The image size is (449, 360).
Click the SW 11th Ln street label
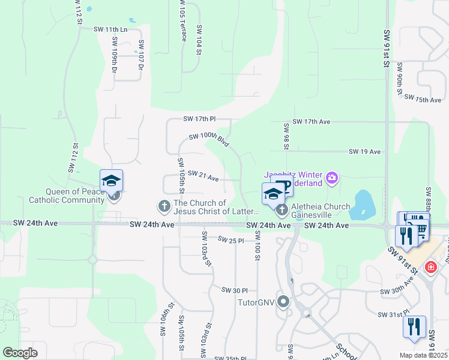pos(111,29)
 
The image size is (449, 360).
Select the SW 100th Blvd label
pos(208,140)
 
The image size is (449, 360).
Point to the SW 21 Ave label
pos(203,175)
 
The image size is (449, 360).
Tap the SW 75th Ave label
pos(423,98)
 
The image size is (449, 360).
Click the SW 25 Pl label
pos(231,240)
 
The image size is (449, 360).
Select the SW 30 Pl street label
pos(234,290)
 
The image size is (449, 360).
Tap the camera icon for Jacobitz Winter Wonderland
pos(332,178)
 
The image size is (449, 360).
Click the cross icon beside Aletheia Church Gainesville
pos(280,211)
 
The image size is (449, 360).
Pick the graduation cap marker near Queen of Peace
pos(112,181)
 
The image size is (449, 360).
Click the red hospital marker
pos(430,267)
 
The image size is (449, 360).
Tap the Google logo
pos(20,353)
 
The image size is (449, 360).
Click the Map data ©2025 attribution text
pos(423,355)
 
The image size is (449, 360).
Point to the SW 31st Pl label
pos(393,314)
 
